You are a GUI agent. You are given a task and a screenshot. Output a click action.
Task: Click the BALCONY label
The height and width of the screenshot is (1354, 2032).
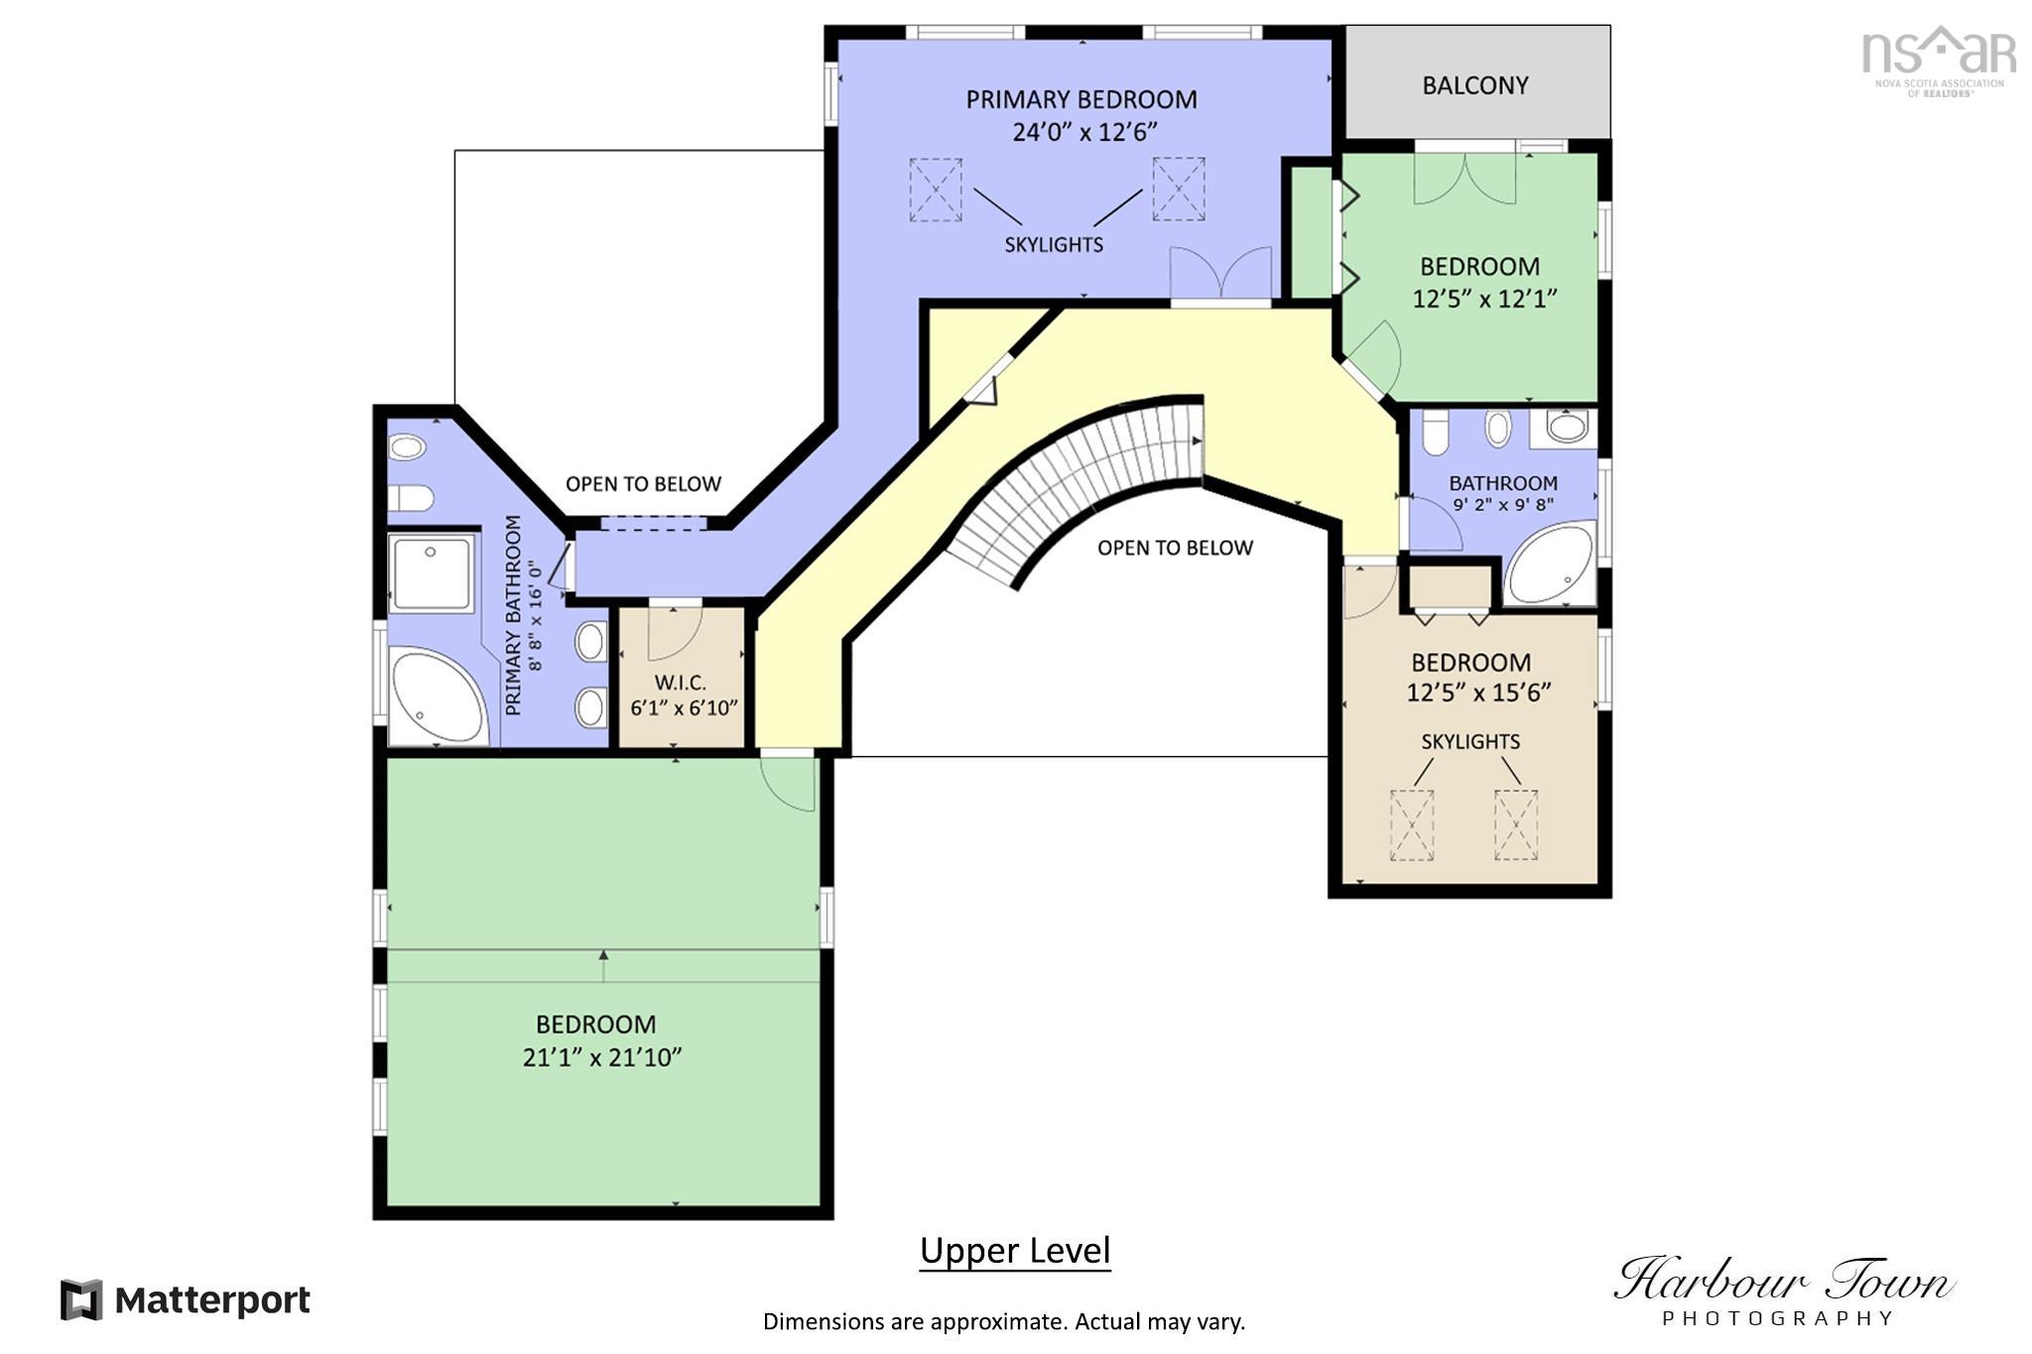(x=1474, y=85)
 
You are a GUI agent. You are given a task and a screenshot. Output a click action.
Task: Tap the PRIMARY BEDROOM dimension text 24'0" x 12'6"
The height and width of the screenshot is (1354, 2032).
(x=1084, y=132)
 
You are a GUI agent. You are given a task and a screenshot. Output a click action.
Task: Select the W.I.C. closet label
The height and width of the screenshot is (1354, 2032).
(x=681, y=682)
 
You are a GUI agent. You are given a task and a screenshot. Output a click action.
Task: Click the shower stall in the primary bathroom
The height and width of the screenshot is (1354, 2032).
(x=431, y=572)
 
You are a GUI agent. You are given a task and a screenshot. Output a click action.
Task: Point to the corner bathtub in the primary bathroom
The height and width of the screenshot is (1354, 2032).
(x=438, y=696)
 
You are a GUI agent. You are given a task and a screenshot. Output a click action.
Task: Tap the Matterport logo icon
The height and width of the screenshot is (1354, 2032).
(x=81, y=1299)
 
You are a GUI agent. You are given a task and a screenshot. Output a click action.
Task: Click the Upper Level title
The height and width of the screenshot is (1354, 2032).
(x=1015, y=1251)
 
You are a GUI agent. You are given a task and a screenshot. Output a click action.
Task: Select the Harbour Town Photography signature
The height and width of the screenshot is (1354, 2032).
(x=1783, y=1291)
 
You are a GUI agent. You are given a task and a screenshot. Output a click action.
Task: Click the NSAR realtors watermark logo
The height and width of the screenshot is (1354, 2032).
(x=1939, y=61)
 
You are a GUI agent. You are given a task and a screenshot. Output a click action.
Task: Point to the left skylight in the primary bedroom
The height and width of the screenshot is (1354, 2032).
(x=936, y=189)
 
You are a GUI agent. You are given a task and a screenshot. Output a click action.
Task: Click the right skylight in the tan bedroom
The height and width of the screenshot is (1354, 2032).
(x=1516, y=824)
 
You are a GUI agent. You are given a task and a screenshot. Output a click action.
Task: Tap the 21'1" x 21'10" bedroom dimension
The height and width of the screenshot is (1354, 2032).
(x=602, y=1057)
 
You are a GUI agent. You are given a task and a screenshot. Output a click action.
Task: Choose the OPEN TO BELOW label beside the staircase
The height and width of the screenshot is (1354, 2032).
(x=1175, y=548)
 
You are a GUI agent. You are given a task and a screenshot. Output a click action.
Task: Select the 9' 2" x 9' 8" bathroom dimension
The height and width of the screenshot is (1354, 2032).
(x=1503, y=505)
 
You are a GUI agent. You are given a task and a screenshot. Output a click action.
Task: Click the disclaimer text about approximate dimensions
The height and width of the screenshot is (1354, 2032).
(x=1004, y=1321)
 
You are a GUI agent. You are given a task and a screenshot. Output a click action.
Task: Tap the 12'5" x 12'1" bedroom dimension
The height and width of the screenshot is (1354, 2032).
(x=1485, y=299)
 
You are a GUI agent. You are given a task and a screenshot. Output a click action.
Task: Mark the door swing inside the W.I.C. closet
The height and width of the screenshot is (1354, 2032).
(x=675, y=632)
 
